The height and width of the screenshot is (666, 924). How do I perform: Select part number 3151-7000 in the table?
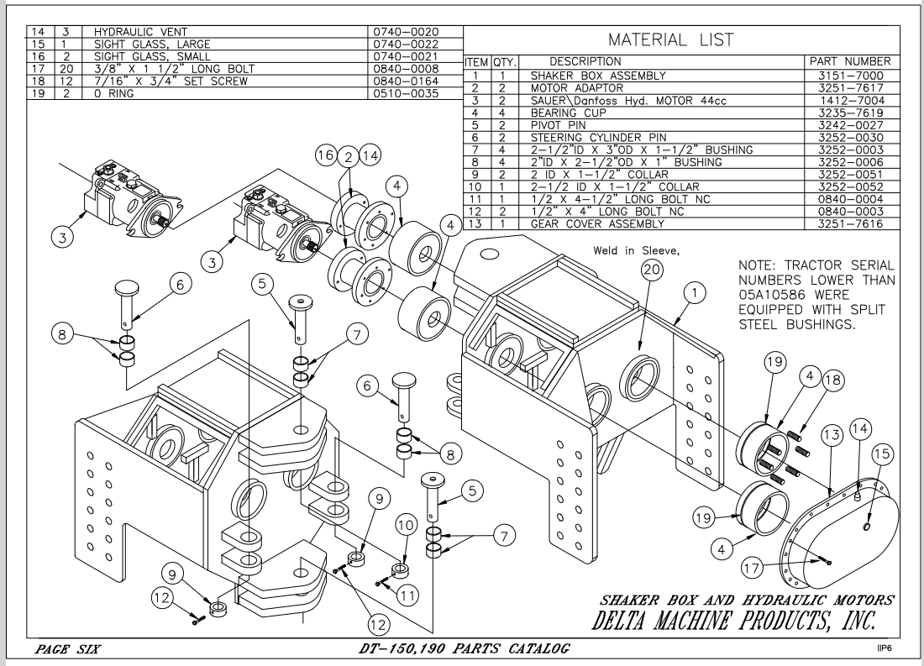point(848,74)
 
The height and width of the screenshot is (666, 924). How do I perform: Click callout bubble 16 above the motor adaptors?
point(323,154)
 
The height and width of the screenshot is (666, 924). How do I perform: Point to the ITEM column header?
point(477,62)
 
